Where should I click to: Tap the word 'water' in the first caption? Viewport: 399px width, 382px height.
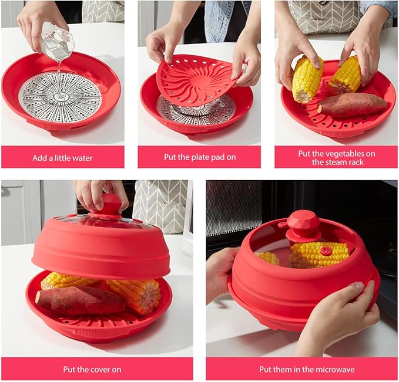click(82, 158)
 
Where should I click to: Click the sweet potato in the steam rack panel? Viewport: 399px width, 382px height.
click(352, 104)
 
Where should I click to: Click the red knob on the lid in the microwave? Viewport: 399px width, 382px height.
click(303, 225)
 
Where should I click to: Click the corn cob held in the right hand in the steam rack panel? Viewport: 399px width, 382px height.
click(346, 75)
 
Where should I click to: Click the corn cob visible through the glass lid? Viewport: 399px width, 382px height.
click(319, 255)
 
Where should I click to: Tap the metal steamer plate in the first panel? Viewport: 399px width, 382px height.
click(60, 97)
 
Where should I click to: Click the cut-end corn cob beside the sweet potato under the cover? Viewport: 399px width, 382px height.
click(134, 295)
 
